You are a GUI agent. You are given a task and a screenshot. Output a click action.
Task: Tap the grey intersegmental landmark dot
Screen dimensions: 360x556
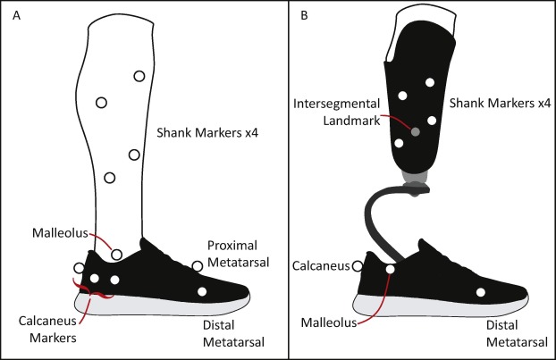tap(416, 132)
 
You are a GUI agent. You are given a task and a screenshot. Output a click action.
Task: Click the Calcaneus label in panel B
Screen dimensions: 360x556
tap(322, 264)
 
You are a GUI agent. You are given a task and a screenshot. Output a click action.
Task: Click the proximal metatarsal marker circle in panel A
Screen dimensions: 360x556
tap(198, 265)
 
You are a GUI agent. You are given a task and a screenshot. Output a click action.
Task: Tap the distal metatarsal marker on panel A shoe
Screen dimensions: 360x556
tap(203, 292)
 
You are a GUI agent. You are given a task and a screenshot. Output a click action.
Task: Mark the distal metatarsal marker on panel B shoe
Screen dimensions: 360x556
tap(482, 292)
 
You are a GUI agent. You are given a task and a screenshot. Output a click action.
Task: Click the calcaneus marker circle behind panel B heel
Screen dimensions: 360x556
tap(358, 265)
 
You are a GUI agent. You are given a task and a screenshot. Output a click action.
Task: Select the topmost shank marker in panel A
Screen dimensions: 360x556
tap(139, 76)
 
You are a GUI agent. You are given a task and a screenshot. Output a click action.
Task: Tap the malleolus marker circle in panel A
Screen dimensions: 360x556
tap(117, 255)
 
